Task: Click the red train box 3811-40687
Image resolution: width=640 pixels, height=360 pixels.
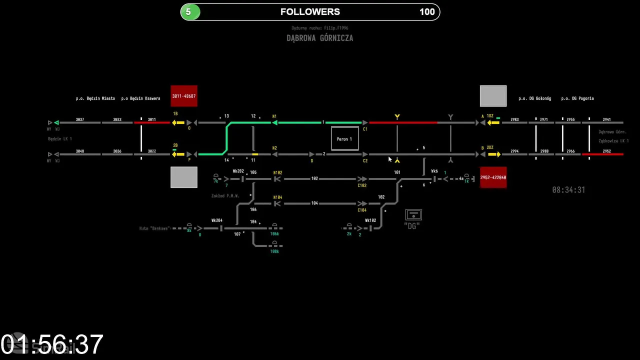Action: [184, 96]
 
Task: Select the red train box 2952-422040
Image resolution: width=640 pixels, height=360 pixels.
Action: [493, 177]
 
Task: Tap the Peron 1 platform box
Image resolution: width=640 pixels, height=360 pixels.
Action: [344, 139]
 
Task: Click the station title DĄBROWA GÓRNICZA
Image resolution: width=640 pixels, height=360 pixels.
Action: [320, 38]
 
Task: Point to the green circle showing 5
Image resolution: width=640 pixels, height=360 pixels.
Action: [189, 12]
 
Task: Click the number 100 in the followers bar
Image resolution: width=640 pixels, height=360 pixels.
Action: [427, 12]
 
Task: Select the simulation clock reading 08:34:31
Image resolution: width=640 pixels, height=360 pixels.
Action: [568, 190]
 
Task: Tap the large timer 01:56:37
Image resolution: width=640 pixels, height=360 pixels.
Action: [52, 344]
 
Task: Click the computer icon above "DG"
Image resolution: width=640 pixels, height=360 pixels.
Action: [413, 215]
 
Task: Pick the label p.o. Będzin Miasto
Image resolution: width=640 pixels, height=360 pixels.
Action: [95, 98]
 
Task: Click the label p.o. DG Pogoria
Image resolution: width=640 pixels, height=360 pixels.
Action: [577, 98]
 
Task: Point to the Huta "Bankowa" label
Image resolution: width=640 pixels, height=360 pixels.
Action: [154, 228]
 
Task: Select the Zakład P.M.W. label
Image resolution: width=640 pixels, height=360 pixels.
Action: [225, 196]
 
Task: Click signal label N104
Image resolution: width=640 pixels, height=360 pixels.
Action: [277, 197]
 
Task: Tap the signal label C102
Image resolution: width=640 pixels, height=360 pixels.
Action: [362, 185]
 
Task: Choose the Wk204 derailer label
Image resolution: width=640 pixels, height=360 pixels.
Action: [217, 220]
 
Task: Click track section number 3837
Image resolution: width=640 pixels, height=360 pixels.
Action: [80, 119]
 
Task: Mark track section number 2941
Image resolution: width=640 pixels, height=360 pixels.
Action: [606, 119]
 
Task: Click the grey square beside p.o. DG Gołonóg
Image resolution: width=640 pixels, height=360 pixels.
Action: [493, 96]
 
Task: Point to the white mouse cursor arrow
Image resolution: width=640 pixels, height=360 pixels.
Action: [390, 159]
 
